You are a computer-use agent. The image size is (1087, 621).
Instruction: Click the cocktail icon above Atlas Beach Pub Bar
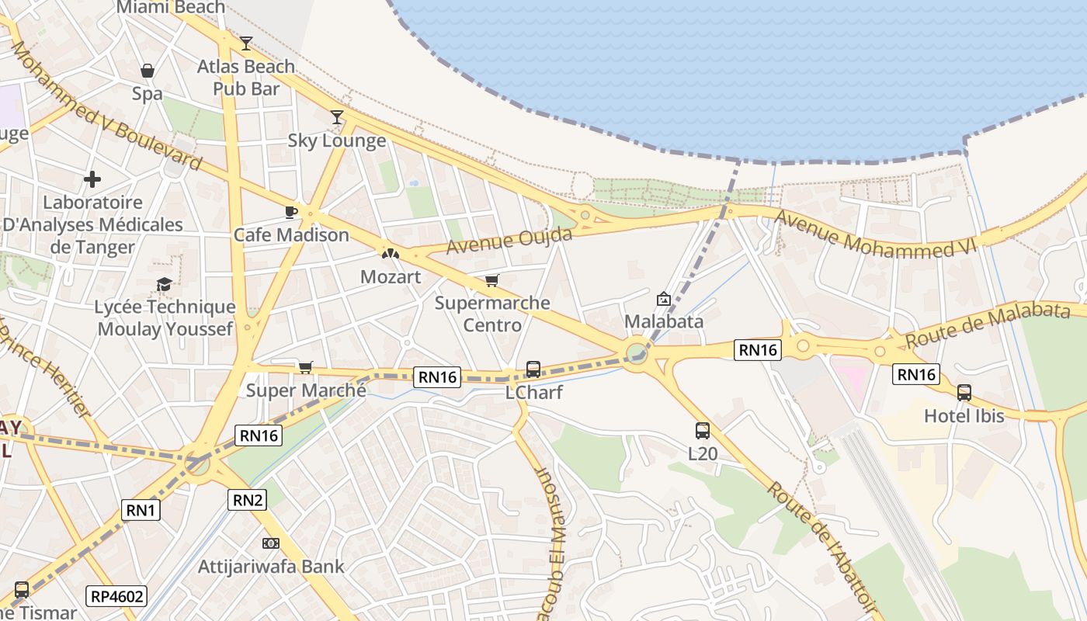(x=246, y=43)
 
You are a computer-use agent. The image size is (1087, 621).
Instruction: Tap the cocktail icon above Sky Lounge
(x=337, y=117)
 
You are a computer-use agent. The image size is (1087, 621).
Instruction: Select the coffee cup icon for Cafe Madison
(x=291, y=212)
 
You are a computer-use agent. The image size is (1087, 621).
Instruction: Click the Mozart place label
(x=391, y=277)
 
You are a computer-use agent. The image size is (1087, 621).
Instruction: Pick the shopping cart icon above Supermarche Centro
(x=491, y=280)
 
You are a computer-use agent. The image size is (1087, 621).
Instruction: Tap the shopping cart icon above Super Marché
(x=306, y=367)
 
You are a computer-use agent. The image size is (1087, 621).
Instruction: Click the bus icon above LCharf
(x=533, y=369)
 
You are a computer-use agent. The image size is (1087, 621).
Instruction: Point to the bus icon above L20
(x=703, y=430)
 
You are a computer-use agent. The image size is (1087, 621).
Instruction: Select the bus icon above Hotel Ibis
(x=964, y=393)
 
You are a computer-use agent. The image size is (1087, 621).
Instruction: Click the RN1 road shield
(x=141, y=510)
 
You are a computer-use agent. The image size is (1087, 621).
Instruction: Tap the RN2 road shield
(x=248, y=500)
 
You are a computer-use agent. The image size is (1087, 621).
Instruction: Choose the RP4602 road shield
(x=117, y=596)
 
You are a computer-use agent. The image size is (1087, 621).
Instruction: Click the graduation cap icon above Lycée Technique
(x=164, y=285)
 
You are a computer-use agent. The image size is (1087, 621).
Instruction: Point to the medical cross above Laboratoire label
(x=92, y=180)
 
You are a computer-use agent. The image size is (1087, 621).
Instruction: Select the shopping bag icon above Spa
(x=148, y=71)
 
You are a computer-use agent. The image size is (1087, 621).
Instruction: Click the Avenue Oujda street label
(x=509, y=241)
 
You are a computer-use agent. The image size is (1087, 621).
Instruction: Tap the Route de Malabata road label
(x=988, y=324)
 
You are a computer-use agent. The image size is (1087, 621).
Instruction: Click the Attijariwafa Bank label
(x=271, y=567)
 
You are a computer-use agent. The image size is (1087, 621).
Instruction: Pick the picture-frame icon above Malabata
(x=664, y=299)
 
